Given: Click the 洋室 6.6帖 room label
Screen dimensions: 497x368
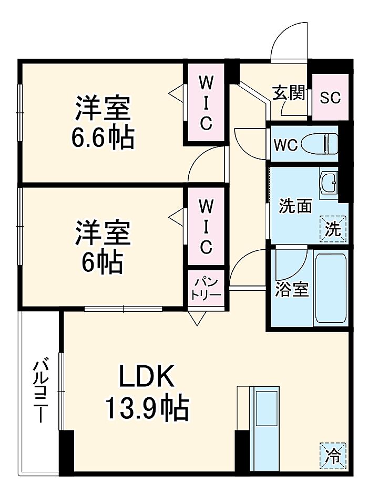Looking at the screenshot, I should coord(103,122).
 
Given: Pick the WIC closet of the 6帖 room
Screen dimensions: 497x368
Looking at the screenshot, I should coord(205,226).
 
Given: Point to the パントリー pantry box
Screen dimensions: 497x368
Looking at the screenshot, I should coord(206,287).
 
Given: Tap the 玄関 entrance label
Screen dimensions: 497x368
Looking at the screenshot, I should coord(289,93).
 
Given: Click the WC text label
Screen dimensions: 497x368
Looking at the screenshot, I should coord(285,144).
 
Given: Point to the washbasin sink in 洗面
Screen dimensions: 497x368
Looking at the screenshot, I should coord(330,183).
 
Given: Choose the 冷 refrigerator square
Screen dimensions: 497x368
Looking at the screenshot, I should coord(333,454).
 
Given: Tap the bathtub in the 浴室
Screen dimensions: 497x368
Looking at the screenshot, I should coord(330,288).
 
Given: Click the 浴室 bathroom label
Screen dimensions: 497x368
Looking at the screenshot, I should coord(292,290).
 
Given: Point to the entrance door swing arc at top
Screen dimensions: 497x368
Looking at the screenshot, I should coord(290,42).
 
